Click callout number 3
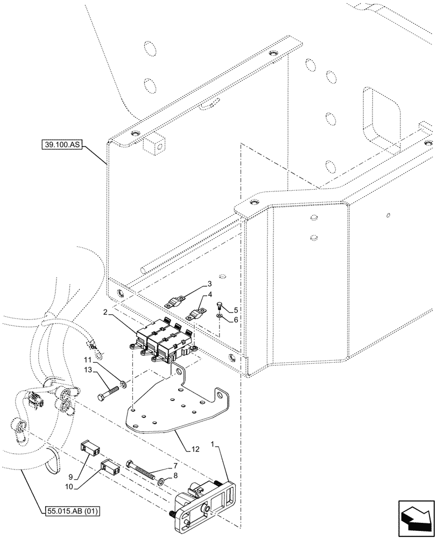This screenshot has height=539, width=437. click(x=210, y=284)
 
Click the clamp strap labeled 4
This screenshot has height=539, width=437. click(x=197, y=312)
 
